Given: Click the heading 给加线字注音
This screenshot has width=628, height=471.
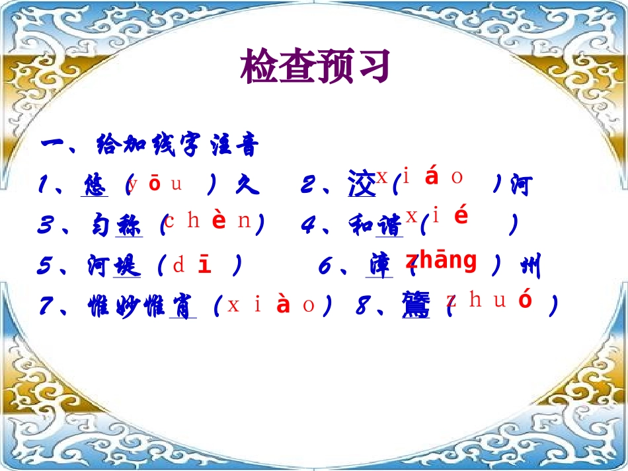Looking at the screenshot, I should [x=149, y=145].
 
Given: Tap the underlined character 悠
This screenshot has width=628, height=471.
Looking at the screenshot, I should [x=95, y=186].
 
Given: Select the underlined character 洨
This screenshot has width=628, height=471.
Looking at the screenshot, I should [x=362, y=185].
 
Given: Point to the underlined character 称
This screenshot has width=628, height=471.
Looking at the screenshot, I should [x=128, y=226].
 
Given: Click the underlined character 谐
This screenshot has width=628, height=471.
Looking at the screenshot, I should [x=390, y=226].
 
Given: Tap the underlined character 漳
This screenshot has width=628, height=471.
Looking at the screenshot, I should [x=379, y=266].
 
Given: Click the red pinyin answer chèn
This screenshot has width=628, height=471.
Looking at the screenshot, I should [x=208, y=221].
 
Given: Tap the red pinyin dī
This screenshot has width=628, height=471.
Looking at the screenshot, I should [x=192, y=266].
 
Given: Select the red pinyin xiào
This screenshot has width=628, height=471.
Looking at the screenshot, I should [x=271, y=306].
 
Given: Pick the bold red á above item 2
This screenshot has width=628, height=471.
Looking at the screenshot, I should [x=432, y=177].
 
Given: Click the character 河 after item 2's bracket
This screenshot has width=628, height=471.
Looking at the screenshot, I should [x=521, y=186].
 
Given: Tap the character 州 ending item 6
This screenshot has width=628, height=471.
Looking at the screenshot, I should [x=530, y=267].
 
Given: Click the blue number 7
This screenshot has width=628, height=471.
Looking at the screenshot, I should [x=46, y=307].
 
